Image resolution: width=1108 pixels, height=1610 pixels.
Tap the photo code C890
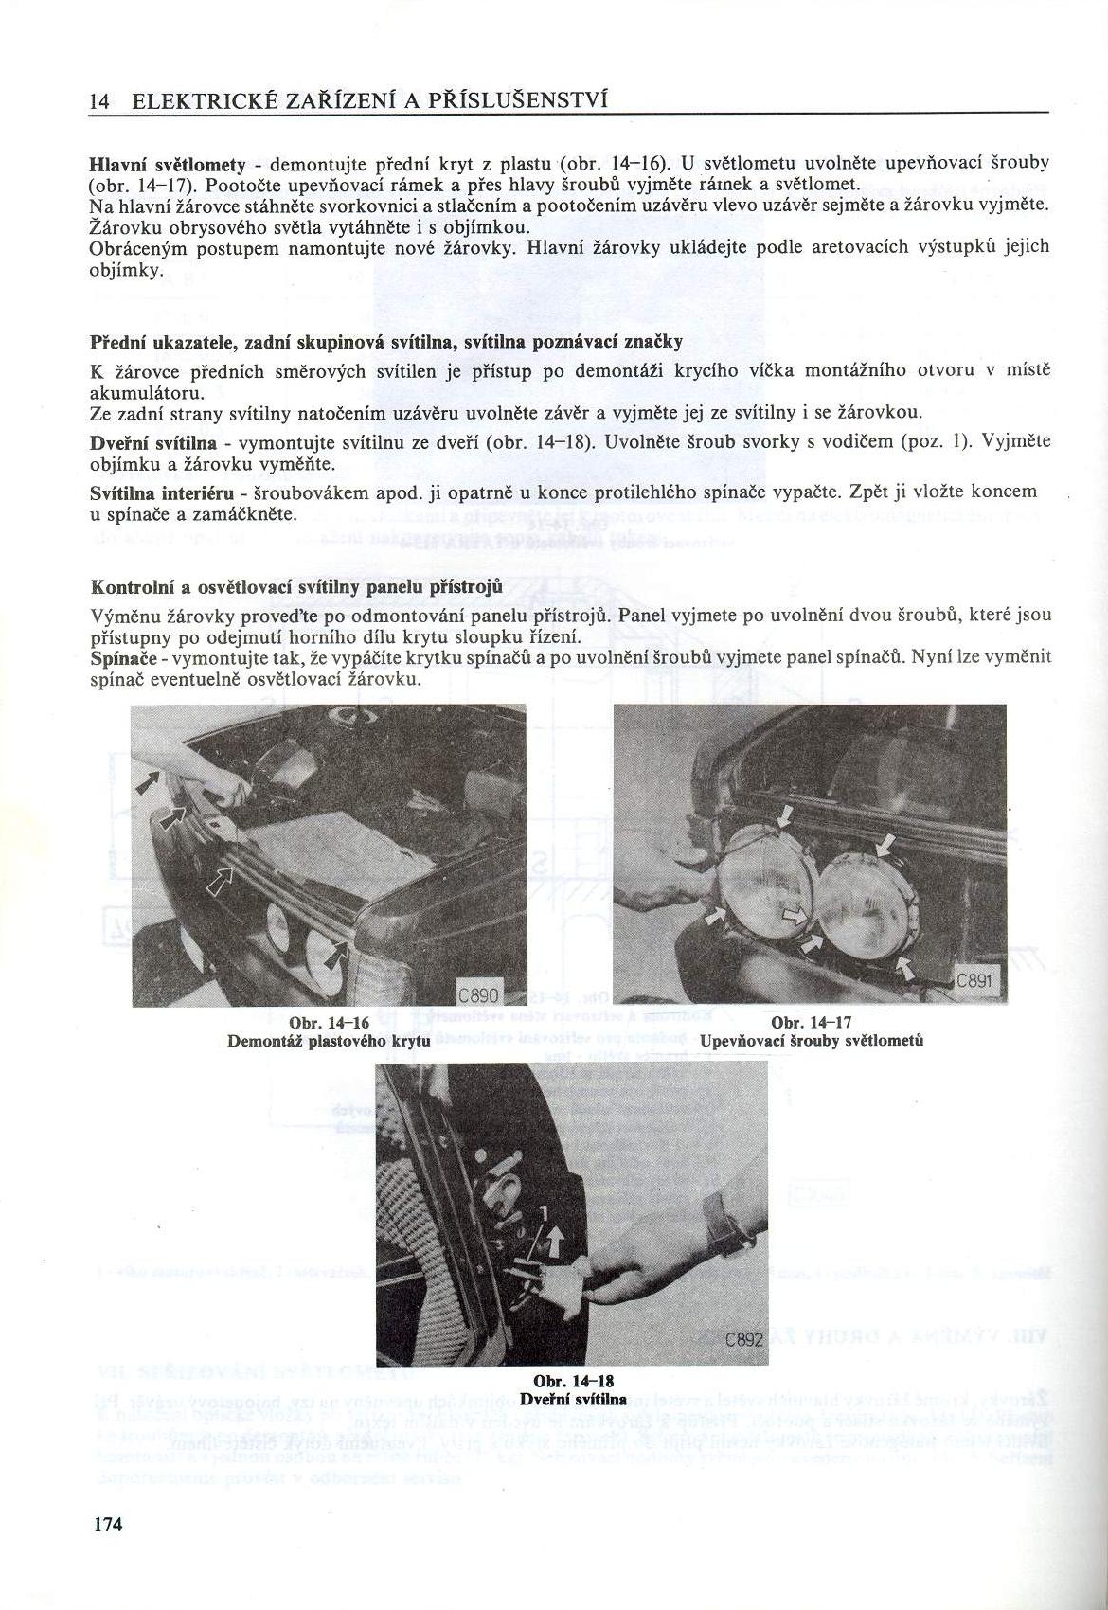[x=481, y=994]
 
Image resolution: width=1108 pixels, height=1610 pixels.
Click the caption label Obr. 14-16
[x=329, y=1024]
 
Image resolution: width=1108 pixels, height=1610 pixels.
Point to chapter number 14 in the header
[x=99, y=101]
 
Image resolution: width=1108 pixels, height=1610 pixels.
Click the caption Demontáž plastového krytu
[x=329, y=1041]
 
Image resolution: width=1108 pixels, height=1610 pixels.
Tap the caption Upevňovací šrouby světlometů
[x=812, y=1040]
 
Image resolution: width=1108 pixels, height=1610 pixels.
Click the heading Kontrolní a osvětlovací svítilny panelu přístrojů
[x=295, y=587]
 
